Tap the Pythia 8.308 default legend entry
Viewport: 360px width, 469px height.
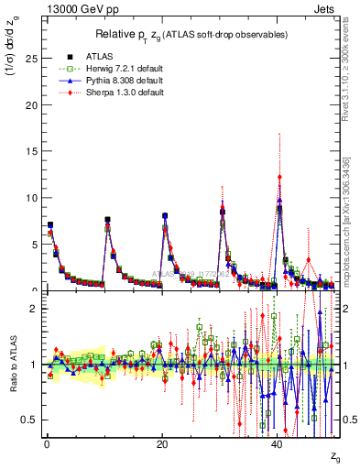(x=103, y=79)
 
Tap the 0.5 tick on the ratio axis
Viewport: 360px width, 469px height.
(x=30, y=420)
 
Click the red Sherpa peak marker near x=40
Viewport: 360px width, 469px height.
(x=279, y=177)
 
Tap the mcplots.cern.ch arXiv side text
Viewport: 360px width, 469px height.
(x=347, y=220)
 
